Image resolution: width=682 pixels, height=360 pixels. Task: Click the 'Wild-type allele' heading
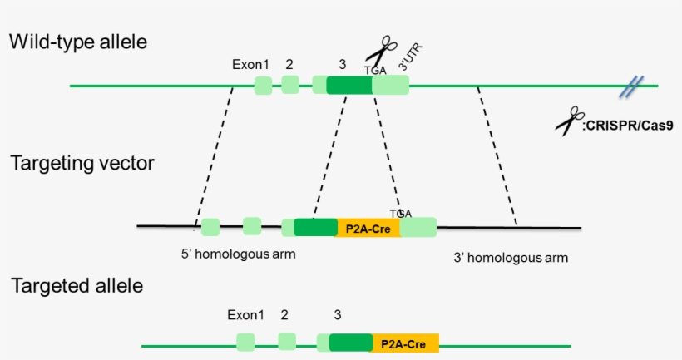[x=78, y=42]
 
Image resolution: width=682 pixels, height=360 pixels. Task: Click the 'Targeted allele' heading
[x=77, y=286]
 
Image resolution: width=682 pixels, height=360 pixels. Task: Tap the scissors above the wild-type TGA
[x=382, y=50]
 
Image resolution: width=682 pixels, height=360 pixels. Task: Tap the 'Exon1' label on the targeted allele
[x=245, y=315]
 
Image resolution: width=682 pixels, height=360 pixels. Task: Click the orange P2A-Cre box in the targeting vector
[x=368, y=228]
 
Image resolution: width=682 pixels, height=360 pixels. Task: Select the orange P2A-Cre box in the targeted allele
[x=405, y=343]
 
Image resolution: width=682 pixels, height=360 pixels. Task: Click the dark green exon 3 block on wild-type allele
[x=349, y=85]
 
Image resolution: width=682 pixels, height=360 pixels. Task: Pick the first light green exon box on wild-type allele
[x=263, y=85]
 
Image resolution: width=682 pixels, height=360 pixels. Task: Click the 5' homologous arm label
[x=239, y=254]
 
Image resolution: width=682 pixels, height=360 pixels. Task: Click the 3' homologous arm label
[x=511, y=258]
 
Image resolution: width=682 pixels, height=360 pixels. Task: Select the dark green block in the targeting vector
[x=315, y=228]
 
